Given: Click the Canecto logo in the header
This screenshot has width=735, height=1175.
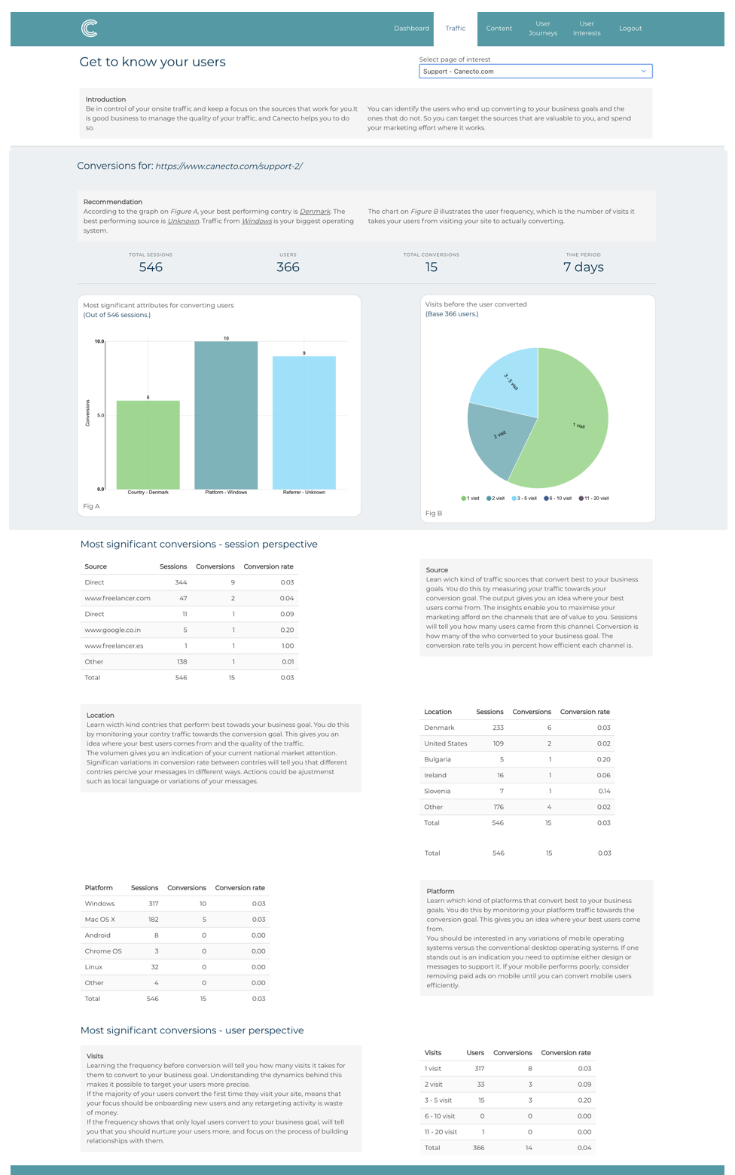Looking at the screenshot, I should [89, 29].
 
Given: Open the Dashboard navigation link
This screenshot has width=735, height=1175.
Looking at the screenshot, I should [411, 29].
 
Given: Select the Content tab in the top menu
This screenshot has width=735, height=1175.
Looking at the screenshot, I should [499, 29].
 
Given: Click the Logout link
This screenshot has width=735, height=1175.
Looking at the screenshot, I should [630, 29].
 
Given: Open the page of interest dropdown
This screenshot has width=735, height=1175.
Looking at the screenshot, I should [535, 72].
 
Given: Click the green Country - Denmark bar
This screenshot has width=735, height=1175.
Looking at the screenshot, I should [148, 444].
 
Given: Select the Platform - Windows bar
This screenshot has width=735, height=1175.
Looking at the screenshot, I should [226, 415].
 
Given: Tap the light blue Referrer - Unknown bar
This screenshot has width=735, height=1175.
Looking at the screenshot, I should [304, 423].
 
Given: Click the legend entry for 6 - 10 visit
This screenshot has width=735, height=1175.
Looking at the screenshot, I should [558, 499].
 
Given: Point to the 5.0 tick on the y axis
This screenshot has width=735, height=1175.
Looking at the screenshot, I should [100, 415].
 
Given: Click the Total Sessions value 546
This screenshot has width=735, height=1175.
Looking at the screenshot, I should [151, 267].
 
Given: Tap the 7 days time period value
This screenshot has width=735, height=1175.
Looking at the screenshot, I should [583, 267].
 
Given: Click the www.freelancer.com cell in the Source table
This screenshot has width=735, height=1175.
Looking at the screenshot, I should [117, 598].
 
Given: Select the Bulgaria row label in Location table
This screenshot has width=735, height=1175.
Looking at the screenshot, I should [438, 759].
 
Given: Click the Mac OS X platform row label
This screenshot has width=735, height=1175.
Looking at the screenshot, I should [100, 920].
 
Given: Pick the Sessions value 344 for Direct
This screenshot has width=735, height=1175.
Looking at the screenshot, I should [181, 582].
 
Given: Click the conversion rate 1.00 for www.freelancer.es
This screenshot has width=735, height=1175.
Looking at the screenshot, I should [288, 645].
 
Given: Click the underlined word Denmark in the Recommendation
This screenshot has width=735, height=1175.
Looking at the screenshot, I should [315, 212].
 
